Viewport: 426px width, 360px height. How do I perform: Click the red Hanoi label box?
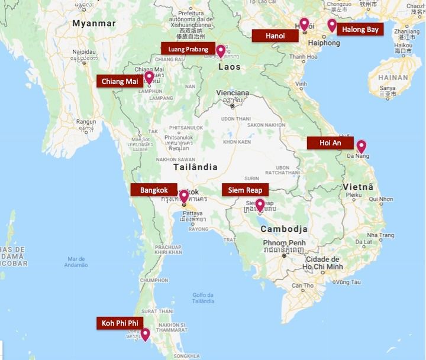pyautogui.click(x=275, y=36)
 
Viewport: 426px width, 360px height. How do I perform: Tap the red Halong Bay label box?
pyautogui.click(x=359, y=30)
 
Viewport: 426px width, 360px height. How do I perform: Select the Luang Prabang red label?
pyautogui.click(x=188, y=49)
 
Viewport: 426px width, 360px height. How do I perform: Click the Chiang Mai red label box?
pyautogui.click(x=120, y=81)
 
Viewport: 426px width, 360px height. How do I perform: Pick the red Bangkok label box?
pyautogui.click(x=154, y=190)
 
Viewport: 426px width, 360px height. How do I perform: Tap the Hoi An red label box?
pyautogui.click(x=330, y=143)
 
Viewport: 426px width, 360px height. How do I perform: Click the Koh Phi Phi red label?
pyautogui.click(x=120, y=323)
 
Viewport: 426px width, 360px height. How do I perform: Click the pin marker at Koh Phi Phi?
pyautogui.click(x=145, y=335)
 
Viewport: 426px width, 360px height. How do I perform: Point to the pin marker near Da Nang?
pyautogui.click(x=360, y=146)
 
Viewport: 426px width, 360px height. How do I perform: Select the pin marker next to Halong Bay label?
pyautogui.click(x=332, y=25)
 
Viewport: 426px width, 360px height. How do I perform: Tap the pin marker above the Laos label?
pyautogui.click(x=221, y=51)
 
